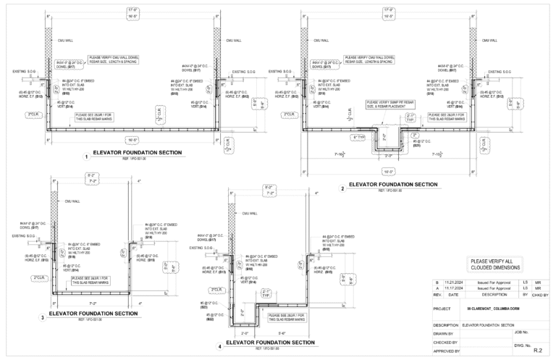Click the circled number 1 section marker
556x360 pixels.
tap(87, 156)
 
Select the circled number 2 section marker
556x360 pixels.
tap(342, 187)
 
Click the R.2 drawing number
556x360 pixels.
tap(537, 351)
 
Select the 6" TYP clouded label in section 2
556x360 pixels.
tap(358, 136)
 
